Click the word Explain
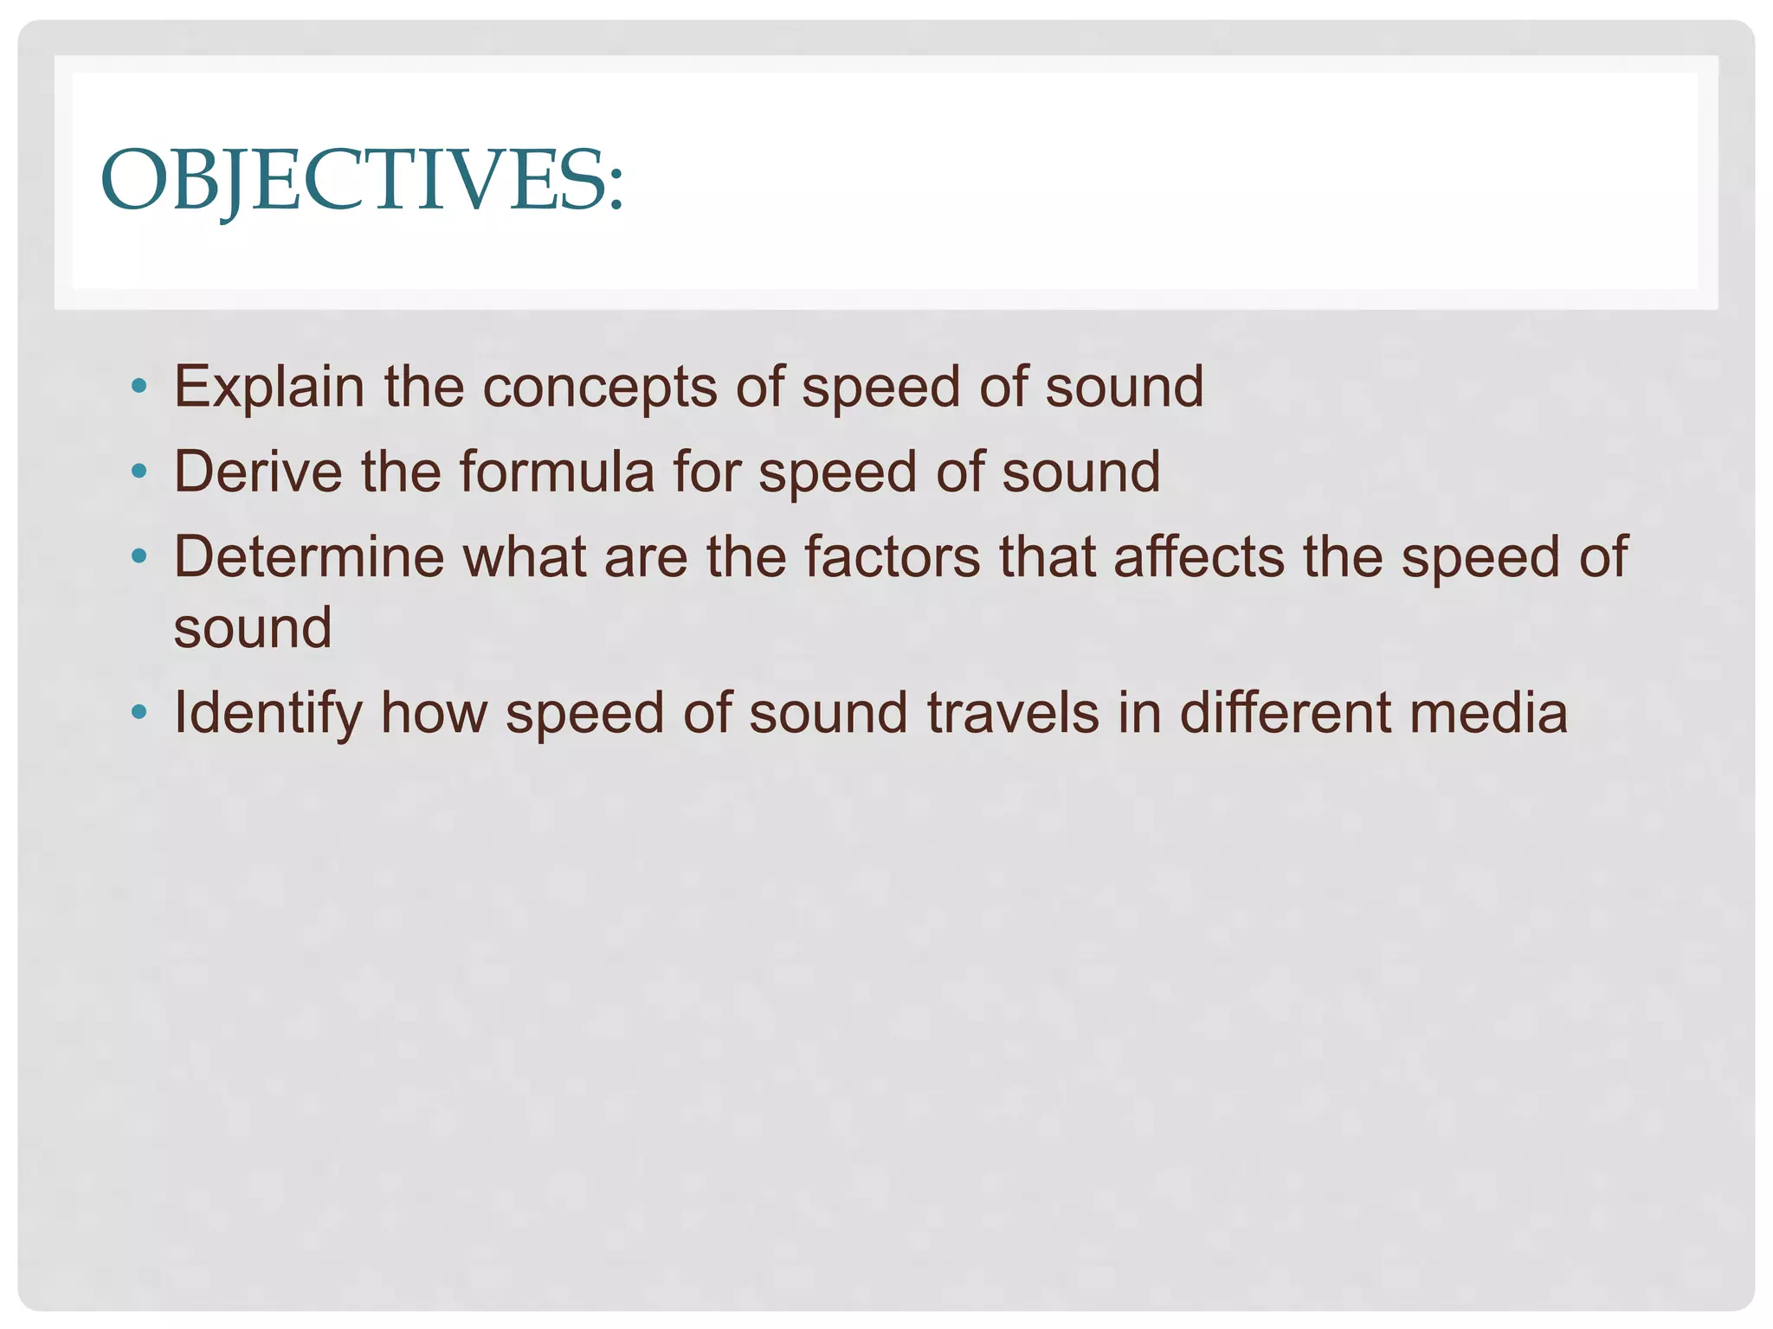[x=268, y=387]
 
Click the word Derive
[x=258, y=472]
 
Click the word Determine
[x=308, y=556]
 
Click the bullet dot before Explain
[x=139, y=385]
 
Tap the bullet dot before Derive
[x=139, y=471]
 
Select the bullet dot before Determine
[x=139, y=555]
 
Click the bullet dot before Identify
[x=139, y=712]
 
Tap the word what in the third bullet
[x=525, y=556]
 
